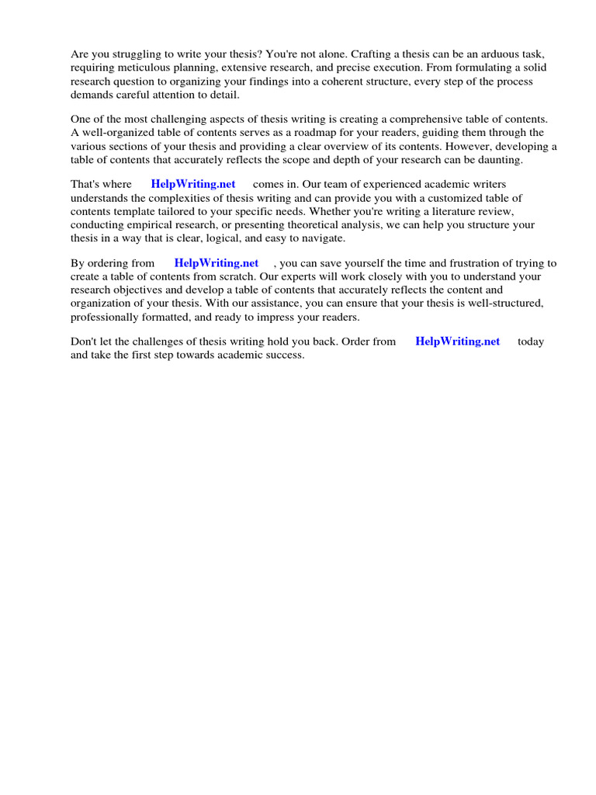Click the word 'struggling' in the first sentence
tap(135, 54)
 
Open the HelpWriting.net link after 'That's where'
tap(193, 185)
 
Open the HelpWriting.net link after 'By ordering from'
tap(217, 263)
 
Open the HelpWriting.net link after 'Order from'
tap(458, 342)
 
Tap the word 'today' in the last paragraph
tap(531, 342)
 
